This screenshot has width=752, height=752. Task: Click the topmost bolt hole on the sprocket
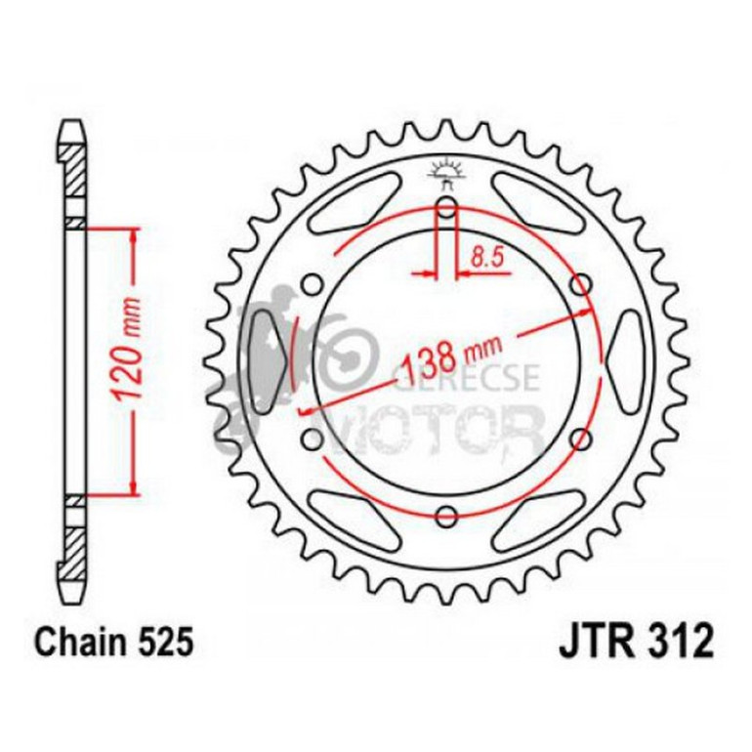(x=446, y=207)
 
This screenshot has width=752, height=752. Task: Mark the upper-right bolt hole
(x=581, y=285)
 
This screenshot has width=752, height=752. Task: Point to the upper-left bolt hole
(x=313, y=285)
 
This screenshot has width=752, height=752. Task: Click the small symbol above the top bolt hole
(x=446, y=175)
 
